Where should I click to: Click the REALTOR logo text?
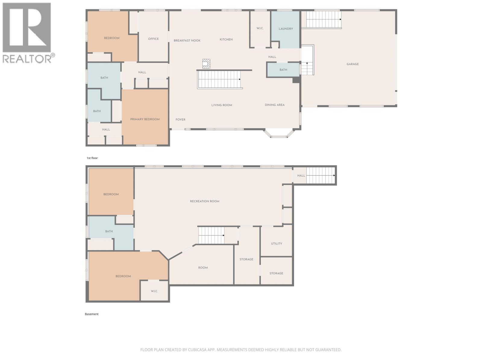[x=27, y=58]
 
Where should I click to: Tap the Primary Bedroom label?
[x=145, y=119]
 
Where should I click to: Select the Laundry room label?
[x=286, y=29]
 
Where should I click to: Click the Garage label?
[x=352, y=64]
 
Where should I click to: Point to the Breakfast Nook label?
[x=187, y=40]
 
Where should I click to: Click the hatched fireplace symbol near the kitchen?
[x=206, y=64]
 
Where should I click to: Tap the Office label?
[x=153, y=39]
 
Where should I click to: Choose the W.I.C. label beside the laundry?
[x=260, y=28]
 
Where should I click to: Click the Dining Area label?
[x=274, y=105]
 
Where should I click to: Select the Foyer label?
[x=180, y=119]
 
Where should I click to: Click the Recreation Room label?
[x=205, y=201]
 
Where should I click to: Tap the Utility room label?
[x=276, y=243]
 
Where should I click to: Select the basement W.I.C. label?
[x=154, y=291]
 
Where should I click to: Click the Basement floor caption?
[x=92, y=314]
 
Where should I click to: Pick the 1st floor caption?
[x=92, y=158]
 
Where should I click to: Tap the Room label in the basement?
[x=203, y=268]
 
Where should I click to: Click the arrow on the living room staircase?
[x=239, y=79]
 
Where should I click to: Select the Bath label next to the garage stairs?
[x=283, y=70]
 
